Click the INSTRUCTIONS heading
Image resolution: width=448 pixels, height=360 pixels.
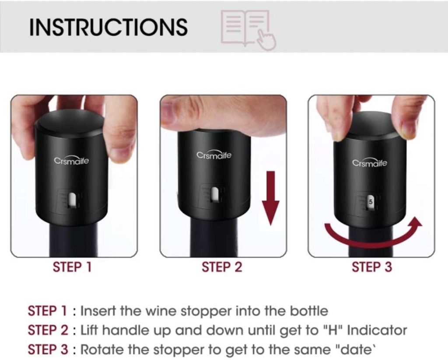pyautogui.click(x=108, y=27)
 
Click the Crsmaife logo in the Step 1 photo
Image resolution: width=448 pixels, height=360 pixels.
pyautogui.click(x=71, y=160)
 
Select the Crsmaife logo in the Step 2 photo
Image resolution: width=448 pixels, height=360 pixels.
pyautogui.click(x=214, y=155)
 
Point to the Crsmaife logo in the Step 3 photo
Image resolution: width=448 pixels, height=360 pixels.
pyautogui.click(x=370, y=162)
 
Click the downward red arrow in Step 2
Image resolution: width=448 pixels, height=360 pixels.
pyautogui.click(x=270, y=198)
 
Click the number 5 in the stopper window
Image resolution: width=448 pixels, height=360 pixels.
pyautogui.click(x=371, y=201)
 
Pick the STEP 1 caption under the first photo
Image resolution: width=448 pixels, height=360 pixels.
pyautogui.click(x=72, y=267)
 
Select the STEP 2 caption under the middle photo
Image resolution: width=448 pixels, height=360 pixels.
pyautogui.click(x=222, y=267)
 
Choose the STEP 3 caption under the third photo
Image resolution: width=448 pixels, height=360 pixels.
pyautogui.click(x=372, y=267)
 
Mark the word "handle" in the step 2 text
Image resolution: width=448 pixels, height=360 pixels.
pyautogui.click(x=126, y=330)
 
